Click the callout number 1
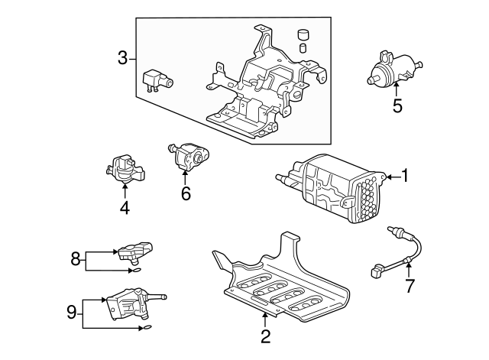pos(406,177)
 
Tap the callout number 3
pos(122,57)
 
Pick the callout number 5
pos(397,105)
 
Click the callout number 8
pos(76,260)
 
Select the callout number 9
pos(72,312)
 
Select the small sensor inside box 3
pos(157,79)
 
